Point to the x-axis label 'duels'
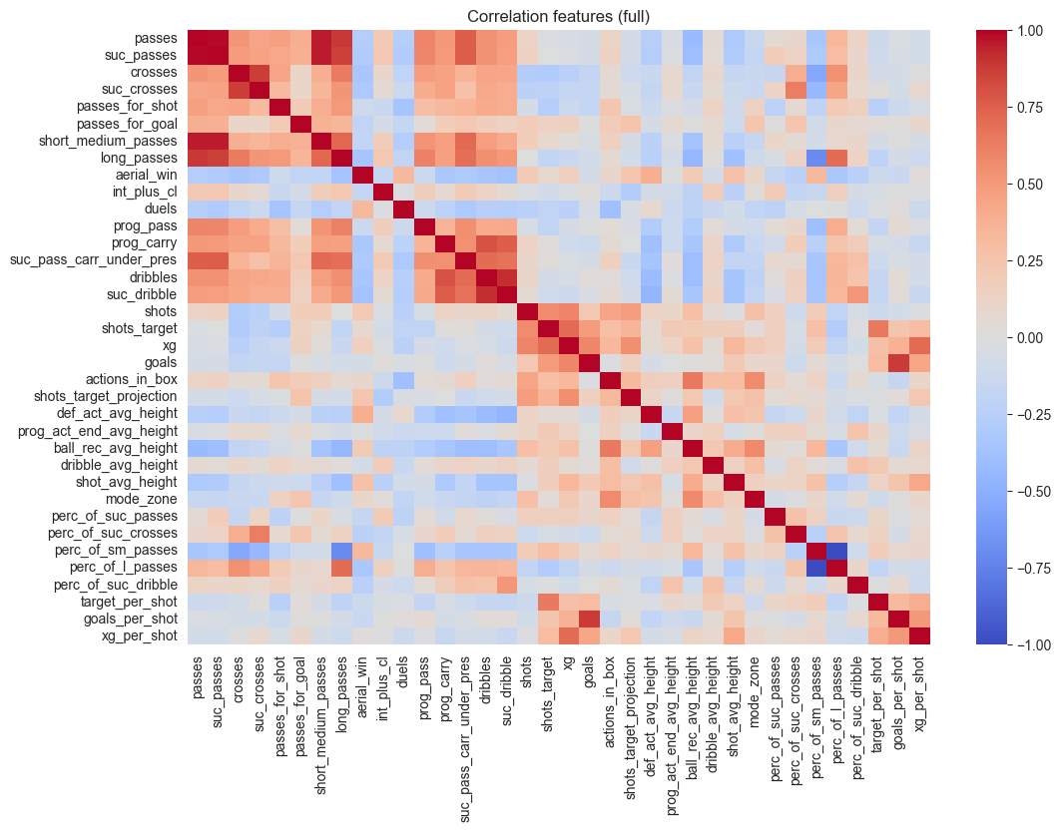click(x=402, y=673)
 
